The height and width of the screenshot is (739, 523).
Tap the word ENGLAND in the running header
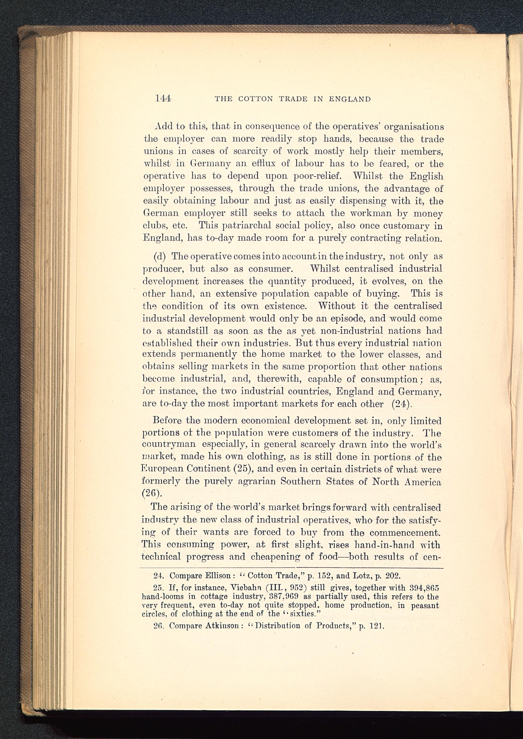[x=350, y=99]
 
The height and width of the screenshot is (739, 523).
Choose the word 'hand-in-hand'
[x=383, y=545]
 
